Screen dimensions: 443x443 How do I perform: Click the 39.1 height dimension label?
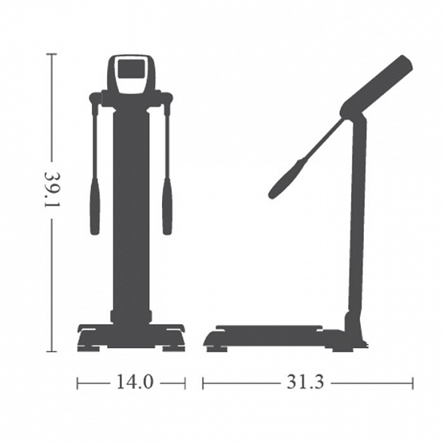coord(53,190)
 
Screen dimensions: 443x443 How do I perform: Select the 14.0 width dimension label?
coord(135,382)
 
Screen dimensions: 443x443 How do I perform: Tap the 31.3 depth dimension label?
coord(305,382)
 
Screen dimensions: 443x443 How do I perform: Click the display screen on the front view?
coord(131,69)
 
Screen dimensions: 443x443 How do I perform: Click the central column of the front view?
coord(131,218)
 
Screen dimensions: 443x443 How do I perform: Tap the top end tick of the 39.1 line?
coord(51,53)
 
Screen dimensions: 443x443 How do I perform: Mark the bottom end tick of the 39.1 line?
coord(51,351)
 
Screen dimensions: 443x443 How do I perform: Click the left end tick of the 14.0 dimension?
coord(78,383)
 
